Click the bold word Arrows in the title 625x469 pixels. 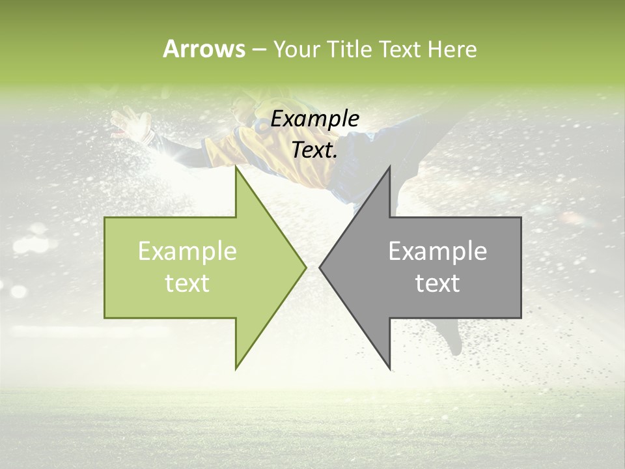click(204, 49)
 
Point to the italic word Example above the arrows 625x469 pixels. click(315, 119)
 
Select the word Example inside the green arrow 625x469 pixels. click(187, 251)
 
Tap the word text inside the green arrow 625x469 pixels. click(187, 283)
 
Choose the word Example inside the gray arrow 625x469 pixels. click(437, 251)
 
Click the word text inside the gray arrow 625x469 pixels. click(437, 283)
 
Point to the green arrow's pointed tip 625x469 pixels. click(305, 267)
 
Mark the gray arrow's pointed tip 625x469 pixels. click(320, 267)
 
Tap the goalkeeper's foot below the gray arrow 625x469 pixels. click(452, 339)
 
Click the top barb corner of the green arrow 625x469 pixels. click(236, 168)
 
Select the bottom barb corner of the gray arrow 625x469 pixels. click(389, 369)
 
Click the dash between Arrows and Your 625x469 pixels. click(258, 50)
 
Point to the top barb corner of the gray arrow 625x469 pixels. click(389, 167)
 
